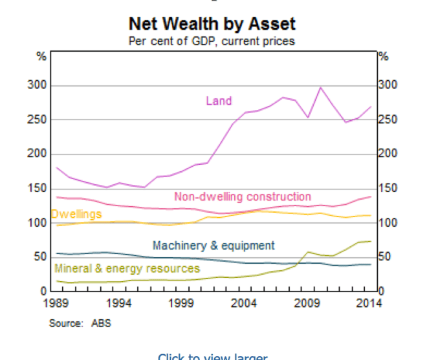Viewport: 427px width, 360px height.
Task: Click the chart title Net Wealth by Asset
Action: pos(212,25)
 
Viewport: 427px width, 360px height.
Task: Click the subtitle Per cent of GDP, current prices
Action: pos(212,41)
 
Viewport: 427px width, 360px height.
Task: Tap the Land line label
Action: pos(219,101)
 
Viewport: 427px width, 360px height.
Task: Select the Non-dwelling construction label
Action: pos(243,196)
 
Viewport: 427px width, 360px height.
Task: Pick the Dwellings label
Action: pos(76,214)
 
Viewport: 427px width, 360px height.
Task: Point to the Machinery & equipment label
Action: pos(213,246)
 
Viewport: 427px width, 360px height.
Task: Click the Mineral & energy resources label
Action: pos(127,268)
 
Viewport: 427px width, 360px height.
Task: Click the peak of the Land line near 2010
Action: pos(321,87)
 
